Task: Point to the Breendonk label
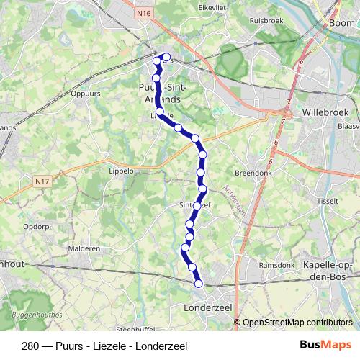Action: (252, 173)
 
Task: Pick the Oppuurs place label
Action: (86, 94)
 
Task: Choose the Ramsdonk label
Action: (276, 265)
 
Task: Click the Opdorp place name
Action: (35, 225)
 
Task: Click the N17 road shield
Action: (44, 184)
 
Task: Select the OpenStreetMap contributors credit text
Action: (297, 323)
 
